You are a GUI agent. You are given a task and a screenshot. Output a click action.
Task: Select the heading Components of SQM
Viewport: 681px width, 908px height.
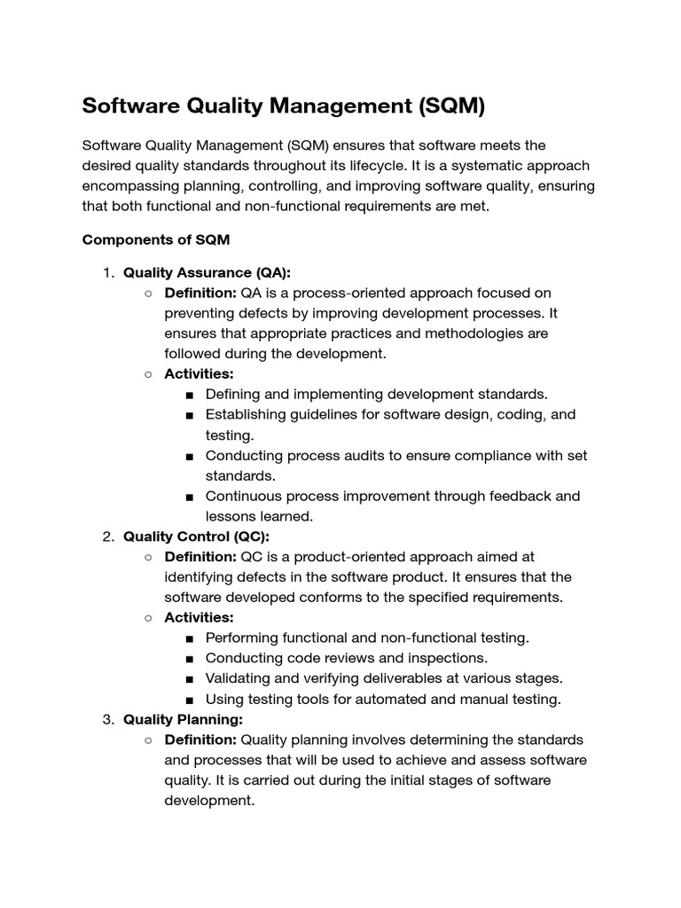(156, 240)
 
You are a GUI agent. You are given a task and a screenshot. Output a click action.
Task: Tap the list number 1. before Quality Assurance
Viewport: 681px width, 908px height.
(108, 273)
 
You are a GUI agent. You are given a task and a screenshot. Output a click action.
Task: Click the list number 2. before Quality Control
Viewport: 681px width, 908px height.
(108, 536)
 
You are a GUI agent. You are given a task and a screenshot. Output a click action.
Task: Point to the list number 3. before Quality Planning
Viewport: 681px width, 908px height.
(108, 719)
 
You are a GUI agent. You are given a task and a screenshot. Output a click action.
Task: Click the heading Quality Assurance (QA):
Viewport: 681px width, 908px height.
(207, 273)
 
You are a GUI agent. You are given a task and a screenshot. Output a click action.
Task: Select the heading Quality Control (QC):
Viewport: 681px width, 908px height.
(196, 536)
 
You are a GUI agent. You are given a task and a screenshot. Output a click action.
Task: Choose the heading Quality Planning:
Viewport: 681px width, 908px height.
(183, 719)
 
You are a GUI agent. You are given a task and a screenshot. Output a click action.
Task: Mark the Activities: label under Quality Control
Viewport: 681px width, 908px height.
(199, 617)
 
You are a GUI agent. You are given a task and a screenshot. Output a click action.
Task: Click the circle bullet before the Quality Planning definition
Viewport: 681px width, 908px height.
(148, 740)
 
